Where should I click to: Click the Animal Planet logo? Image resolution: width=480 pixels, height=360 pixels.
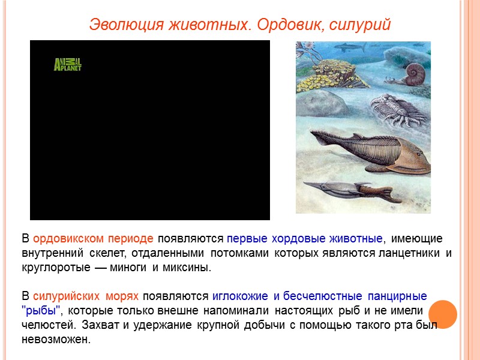tap(67, 64)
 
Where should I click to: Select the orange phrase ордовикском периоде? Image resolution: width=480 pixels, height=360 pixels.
tap(94, 239)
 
